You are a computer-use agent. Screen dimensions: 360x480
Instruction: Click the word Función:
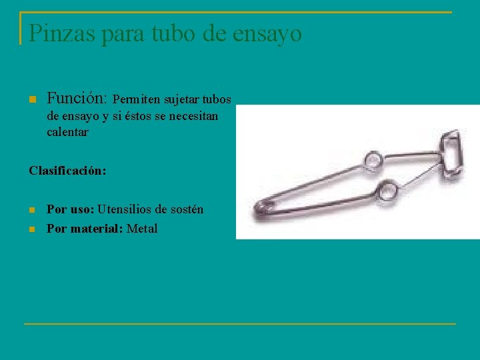tap(77, 99)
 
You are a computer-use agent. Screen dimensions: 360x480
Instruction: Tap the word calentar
tap(67, 132)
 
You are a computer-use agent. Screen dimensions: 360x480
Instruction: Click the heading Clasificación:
tap(67, 171)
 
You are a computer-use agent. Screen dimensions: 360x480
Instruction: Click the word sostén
tap(187, 209)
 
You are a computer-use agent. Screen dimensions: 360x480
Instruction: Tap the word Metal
tap(142, 229)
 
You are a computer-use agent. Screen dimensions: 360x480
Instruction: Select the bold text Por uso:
tap(70, 209)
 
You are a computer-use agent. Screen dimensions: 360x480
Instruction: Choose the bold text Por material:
tap(85, 229)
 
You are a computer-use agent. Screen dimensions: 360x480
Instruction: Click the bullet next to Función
tap(32, 100)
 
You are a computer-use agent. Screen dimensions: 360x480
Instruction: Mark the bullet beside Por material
tap(32, 229)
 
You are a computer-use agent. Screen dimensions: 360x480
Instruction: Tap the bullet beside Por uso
tap(32, 210)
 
